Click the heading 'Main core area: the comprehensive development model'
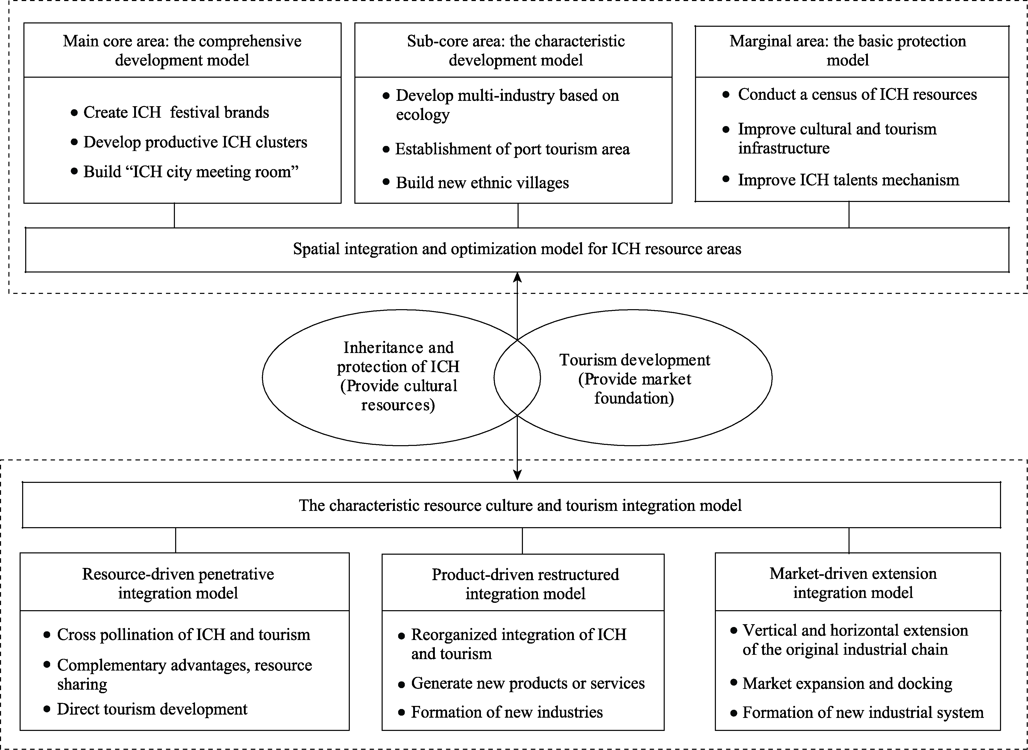click(x=182, y=50)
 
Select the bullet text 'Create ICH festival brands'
click(x=176, y=112)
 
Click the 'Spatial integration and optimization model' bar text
click(x=517, y=249)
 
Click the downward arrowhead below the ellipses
click(x=517, y=475)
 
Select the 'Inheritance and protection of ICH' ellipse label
click(x=398, y=376)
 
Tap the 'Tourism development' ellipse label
click(x=634, y=379)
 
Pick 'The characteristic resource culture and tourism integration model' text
click(x=520, y=505)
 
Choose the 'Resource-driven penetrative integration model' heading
click(x=178, y=583)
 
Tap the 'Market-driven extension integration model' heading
click(x=853, y=583)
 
